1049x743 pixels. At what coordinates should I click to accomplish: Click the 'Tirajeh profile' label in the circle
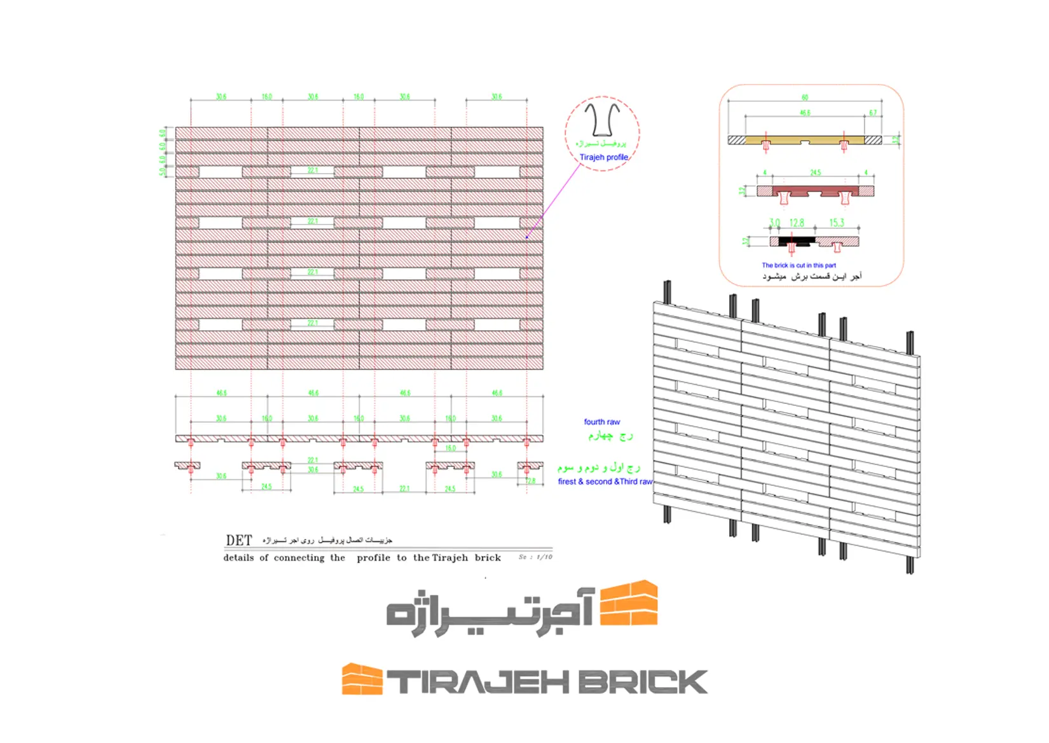(x=603, y=157)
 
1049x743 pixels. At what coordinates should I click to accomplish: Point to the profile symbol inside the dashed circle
(x=602, y=120)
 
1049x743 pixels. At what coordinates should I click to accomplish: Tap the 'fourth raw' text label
(x=601, y=422)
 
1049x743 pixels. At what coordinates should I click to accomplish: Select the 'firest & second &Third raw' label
(x=605, y=482)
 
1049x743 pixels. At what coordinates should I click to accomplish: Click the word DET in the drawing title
(x=239, y=540)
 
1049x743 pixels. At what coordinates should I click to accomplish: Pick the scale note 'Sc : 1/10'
(x=535, y=557)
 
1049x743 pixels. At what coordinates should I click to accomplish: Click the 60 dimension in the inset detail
(x=805, y=97)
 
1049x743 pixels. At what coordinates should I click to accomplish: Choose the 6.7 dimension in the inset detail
(x=873, y=113)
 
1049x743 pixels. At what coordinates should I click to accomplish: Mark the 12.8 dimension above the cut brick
(x=797, y=223)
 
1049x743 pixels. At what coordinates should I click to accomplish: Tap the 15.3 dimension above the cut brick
(x=837, y=223)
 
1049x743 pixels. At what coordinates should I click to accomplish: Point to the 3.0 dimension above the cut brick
(x=774, y=223)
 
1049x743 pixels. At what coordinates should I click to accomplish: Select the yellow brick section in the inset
(x=805, y=139)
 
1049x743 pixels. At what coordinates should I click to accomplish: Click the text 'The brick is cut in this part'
(x=799, y=265)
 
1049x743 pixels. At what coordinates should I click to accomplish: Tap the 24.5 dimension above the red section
(x=815, y=172)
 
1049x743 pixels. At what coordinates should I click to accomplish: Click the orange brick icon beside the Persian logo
(x=629, y=603)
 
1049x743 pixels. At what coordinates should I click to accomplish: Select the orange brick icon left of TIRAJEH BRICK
(x=362, y=679)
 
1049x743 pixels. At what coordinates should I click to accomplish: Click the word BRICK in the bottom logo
(x=642, y=682)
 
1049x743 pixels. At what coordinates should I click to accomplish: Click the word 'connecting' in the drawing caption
(x=299, y=558)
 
